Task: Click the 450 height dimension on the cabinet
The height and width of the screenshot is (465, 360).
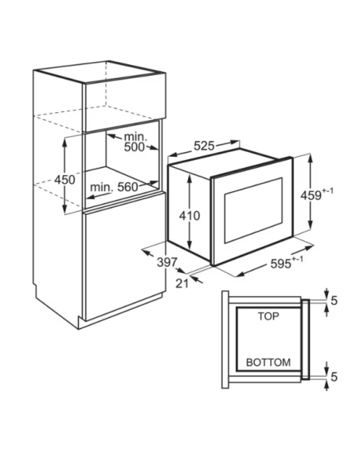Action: coord(65,180)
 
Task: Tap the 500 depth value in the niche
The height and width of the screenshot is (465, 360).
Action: coord(134,147)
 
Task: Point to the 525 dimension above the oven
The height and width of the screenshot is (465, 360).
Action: coord(204,146)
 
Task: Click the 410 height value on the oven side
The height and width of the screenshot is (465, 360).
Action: coord(190,216)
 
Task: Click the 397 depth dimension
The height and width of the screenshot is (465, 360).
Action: coord(167,262)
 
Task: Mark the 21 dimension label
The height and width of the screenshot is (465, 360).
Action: coord(182,283)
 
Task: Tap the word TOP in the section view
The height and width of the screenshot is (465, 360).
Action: coord(268,316)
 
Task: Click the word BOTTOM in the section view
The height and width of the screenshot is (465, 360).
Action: coord(268,362)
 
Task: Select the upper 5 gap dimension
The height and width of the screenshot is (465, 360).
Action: coord(335,301)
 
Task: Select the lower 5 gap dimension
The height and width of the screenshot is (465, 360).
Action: coord(335,377)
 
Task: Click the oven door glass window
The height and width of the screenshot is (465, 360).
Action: coord(253,210)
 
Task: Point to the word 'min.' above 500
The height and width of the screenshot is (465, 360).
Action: coord(135,137)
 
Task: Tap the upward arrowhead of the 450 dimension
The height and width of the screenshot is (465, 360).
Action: coord(64,142)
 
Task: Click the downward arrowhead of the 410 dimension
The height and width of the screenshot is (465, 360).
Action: coord(190,244)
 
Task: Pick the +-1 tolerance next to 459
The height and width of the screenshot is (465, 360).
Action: coord(327,190)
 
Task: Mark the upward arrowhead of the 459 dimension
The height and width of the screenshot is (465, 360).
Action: coord(311,159)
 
